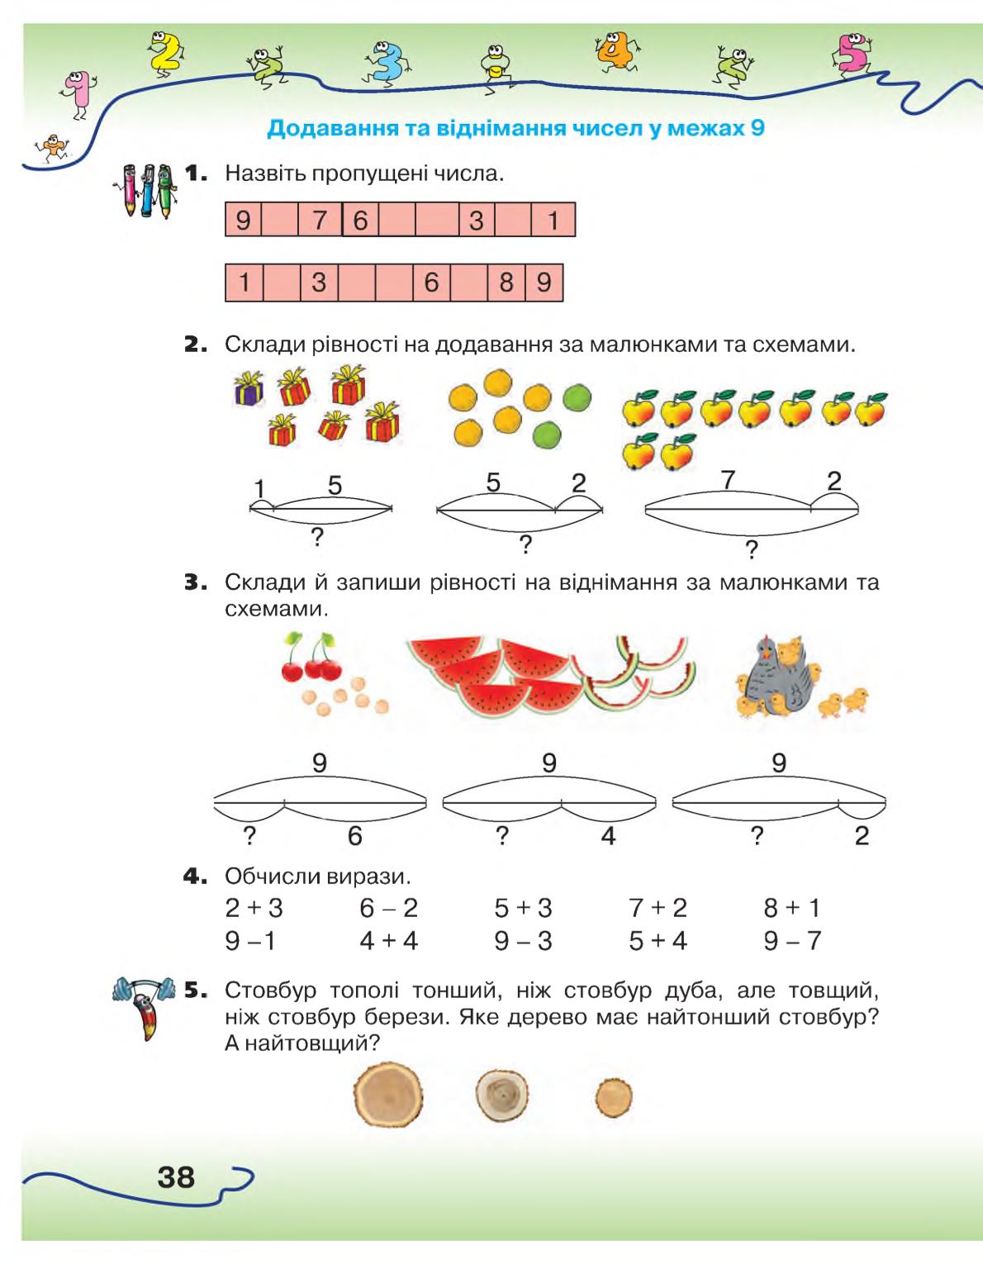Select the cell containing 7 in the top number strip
point(320,220)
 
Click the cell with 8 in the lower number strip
point(506,283)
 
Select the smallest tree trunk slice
point(614,1097)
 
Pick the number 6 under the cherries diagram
point(355,836)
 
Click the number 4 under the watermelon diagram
point(608,836)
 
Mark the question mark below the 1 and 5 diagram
point(317,538)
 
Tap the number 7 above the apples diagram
point(728,481)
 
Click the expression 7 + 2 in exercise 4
point(658,908)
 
